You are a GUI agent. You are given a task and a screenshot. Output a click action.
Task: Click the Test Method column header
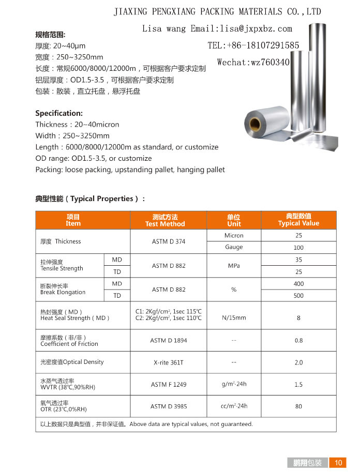pos(165,220)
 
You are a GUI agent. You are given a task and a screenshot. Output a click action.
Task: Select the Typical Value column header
pos(298,220)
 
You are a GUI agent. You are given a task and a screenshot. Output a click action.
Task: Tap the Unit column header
pos(234,220)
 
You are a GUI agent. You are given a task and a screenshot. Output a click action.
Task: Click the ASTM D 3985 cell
pos(169,406)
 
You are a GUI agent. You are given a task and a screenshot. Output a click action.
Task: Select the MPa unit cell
pos(234,266)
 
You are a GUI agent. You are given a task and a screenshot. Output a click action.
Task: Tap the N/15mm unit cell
pos(234,317)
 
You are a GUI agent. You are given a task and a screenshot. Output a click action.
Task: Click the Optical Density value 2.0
pos(298,362)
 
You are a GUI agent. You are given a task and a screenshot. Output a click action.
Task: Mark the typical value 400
pos(298,284)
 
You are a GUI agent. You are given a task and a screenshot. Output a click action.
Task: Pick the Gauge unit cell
pos(234,247)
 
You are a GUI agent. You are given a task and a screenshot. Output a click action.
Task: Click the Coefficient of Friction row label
pos(69,344)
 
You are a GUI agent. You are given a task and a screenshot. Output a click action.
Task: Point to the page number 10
pos(339,463)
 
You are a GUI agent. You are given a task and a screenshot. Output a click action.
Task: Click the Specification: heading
pos(59,113)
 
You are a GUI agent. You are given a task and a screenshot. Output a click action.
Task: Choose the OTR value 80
pos(298,406)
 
